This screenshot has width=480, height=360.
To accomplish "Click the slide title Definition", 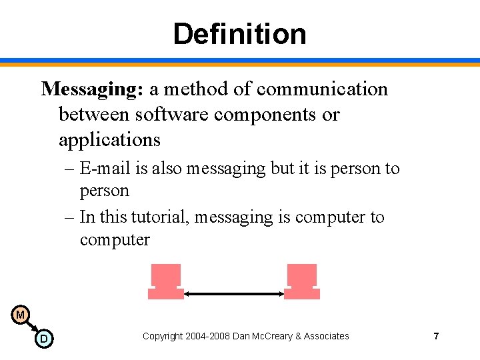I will (239, 33).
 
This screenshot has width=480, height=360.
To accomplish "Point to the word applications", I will (109, 140).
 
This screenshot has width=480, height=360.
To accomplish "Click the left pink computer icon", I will (165, 282).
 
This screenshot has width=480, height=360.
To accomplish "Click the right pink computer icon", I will (301, 282).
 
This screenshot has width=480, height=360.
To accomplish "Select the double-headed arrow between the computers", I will (233, 293).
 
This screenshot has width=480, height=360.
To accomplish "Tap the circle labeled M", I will (20, 315).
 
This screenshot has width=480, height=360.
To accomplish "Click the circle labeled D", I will (44, 339).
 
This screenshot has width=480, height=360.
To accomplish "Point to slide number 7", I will (436, 336).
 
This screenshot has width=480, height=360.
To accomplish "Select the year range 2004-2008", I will (210, 336).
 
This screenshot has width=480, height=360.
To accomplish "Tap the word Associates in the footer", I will (326, 336).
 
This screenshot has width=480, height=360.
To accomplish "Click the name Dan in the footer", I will (241, 336).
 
